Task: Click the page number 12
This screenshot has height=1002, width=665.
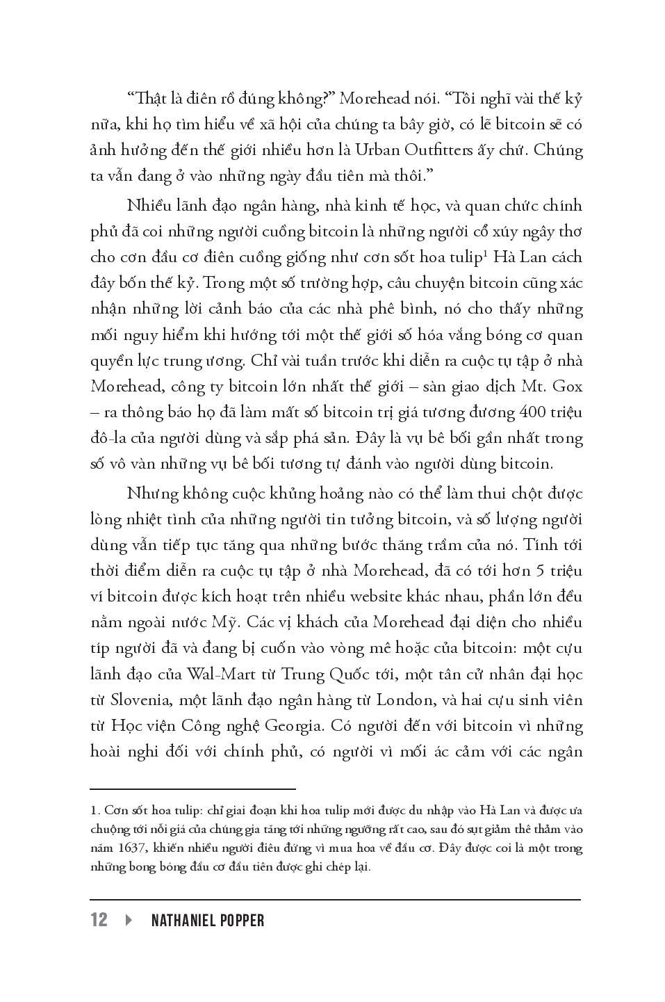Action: [x=99, y=920]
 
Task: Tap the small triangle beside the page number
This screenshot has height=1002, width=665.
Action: [x=129, y=920]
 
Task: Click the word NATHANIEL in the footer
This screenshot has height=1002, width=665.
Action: [x=183, y=920]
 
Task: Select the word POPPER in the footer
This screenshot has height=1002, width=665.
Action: [x=243, y=920]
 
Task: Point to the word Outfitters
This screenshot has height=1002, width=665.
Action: [x=436, y=150]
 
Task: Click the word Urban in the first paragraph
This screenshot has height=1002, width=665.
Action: [x=375, y=150]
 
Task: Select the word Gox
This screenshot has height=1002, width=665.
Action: [x=566, y=386]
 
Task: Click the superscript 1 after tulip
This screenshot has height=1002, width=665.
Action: [x=482, y=254]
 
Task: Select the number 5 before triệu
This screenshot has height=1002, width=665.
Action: [x=539, y=571]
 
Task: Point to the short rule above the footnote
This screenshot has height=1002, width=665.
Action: [x=193, y=789]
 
